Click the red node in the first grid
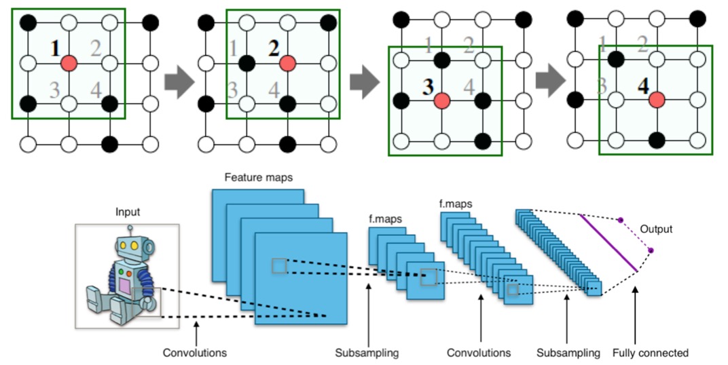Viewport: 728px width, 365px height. (69, 64)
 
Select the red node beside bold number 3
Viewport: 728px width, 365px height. (443, 100)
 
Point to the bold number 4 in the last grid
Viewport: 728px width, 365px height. (642, 86)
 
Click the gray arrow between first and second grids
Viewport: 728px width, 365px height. (179, 82)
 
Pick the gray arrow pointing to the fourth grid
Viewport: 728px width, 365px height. (551, 82)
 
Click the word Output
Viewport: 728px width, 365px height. (656, 229)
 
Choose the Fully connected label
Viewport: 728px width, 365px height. (650, 353)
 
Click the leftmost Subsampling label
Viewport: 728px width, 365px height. (367, 353)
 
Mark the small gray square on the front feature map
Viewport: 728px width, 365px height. (278, 266)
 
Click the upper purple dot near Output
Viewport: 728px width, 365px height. (619, 220)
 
